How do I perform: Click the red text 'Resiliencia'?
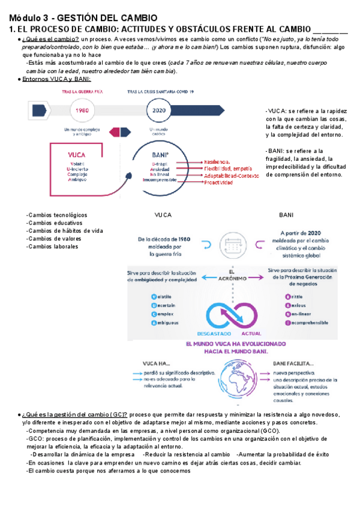tap(217, 162)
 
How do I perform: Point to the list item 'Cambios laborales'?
tap(53, 246)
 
